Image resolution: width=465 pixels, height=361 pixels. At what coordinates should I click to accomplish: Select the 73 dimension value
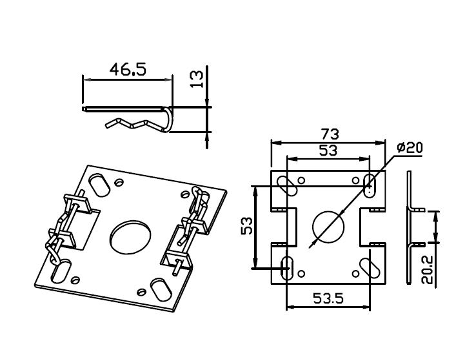click(x=331, y=134)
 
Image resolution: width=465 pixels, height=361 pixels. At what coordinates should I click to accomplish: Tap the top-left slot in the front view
click(x=286, y=184)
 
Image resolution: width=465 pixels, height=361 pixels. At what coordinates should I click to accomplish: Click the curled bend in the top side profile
click(x=169, y=120)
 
